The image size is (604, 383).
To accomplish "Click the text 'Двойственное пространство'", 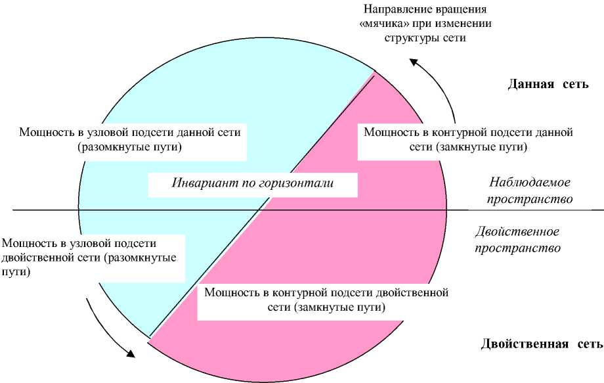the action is click(x=517, y=240).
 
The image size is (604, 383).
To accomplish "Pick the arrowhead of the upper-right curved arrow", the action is click(x=414, y=61).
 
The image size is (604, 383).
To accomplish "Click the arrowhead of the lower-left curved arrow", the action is click(x=131, y=353).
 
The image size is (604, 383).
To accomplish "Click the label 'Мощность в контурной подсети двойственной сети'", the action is click(x=326, y=292).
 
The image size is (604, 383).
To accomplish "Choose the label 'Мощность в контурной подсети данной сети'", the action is click(x=468, y=132).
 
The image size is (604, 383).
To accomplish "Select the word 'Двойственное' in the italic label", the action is click(x=517, y=232).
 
